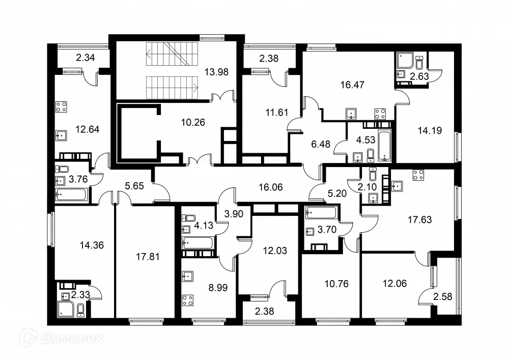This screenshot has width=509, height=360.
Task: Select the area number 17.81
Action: [148, 257]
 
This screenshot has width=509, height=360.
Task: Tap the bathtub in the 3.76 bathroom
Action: [71, 193]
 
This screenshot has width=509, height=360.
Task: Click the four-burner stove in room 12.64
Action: [62, 107]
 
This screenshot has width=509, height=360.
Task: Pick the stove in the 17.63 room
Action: [419, 175]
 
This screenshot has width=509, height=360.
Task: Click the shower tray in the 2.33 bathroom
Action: [66, 308]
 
